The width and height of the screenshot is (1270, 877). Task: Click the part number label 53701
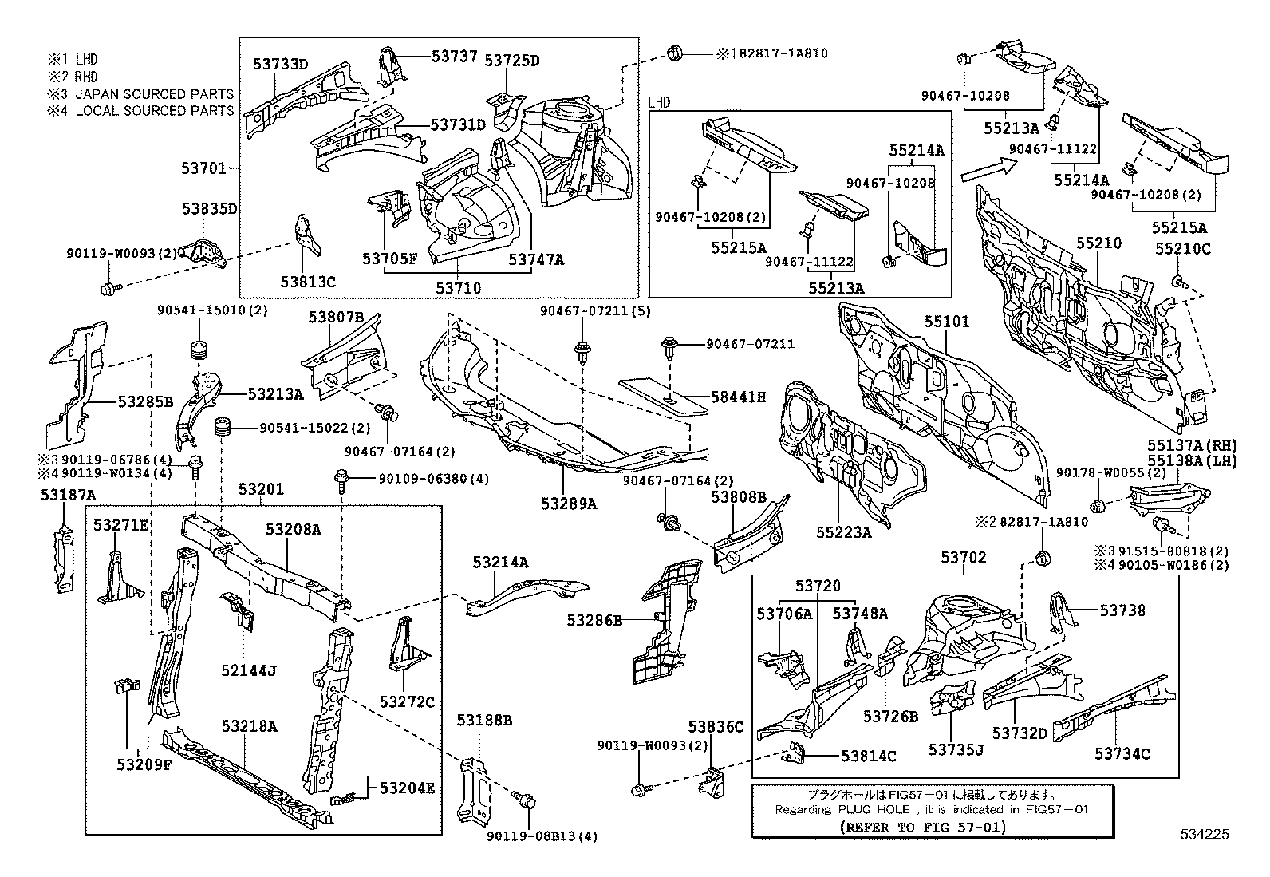(x=203, y=168)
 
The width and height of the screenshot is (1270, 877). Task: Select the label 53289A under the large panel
(x=568, y=504)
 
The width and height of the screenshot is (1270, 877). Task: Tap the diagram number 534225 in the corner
(x=1205, y=835)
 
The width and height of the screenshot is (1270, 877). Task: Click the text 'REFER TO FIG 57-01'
(x=923, y=827)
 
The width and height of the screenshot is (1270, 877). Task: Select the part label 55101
(x=947, y=322)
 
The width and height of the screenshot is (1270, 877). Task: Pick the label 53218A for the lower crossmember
(x=249, y=725)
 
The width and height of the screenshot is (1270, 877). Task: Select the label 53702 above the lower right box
(x=963, y=557)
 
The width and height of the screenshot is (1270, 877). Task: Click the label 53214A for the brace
(x=500, y=562)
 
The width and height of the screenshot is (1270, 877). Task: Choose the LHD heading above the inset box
(x=659, y=102)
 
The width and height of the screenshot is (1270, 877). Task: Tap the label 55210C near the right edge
(x=1182, y=249)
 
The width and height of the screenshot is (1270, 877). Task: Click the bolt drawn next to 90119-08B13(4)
(x=525, y=800)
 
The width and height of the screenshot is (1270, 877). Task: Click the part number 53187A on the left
(x=68, y=496)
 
